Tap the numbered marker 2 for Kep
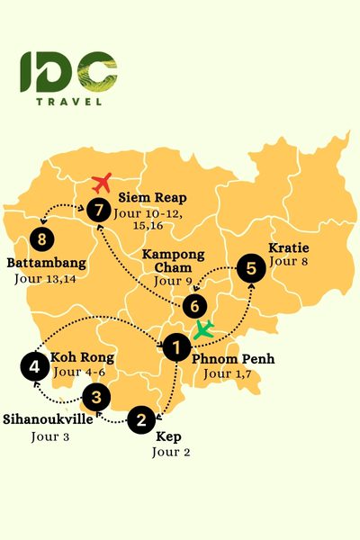click(x=140, y=418)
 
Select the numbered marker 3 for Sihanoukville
click(x=96, y=395)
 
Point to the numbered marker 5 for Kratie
click(x=251, y=266)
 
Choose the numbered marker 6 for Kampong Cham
click(x=199, y=305)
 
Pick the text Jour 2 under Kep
click(x=170, y=452)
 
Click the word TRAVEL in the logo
click(x=68, y=101)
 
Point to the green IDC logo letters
click(x=68, y=72)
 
